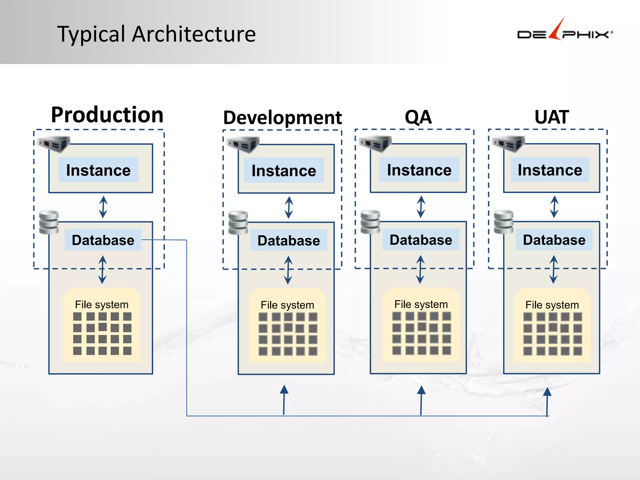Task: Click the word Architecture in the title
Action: pos(194,34)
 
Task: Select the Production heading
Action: pos(107,115)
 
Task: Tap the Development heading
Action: pos(282,118)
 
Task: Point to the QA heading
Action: pos(418,117)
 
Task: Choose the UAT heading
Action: pos(552,117)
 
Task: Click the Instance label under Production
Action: pos(98,170)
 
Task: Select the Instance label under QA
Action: pos(419,170)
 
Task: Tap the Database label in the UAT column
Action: pos(554,240)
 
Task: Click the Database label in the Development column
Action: pos(288,240)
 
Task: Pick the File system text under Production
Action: pos(102,305)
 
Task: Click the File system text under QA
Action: pos(421,304)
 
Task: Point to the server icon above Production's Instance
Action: pos(54,144)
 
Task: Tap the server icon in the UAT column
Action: pos(508,144)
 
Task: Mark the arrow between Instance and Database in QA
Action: pos(421,207)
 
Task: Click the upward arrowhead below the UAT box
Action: pos(547,392)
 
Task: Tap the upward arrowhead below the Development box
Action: pos(284,390)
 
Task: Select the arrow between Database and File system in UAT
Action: pos(554,269)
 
